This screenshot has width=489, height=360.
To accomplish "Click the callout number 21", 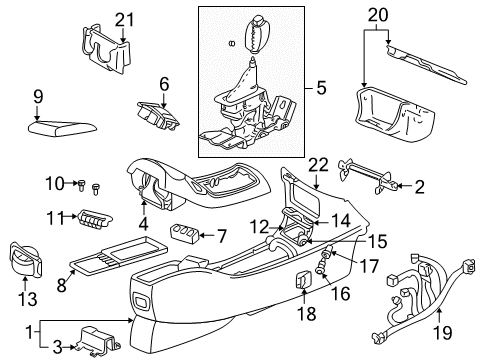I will (x=123, y=20).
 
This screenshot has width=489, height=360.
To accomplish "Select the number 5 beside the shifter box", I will (x=320, y=89).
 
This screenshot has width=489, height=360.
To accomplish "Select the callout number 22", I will (x=318, y=164).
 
